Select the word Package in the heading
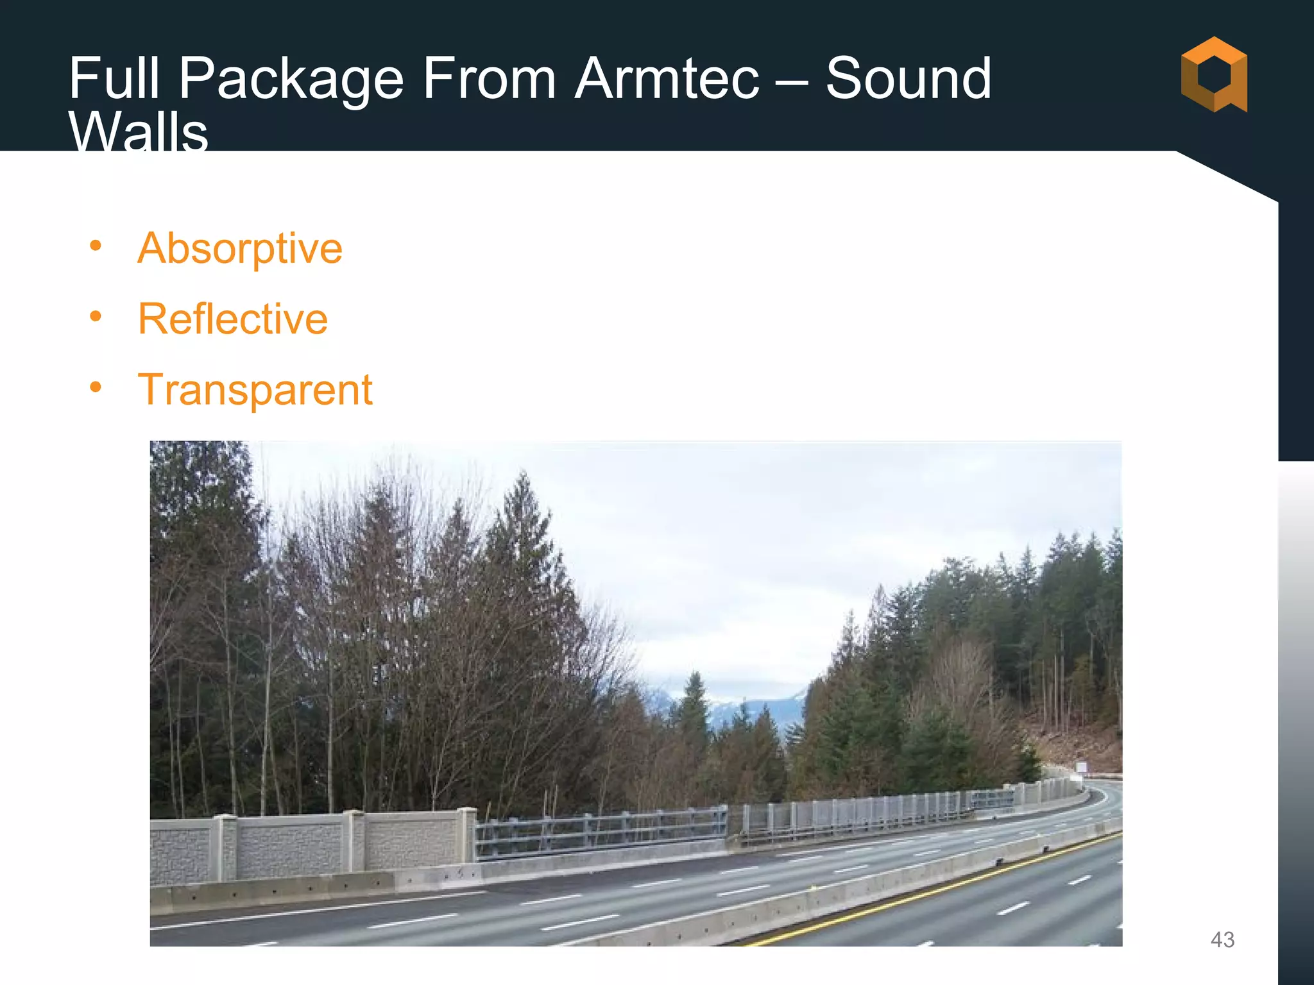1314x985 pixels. click(290, 80)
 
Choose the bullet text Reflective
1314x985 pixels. click(232, 319)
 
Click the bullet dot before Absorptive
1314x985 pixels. click(96, 246)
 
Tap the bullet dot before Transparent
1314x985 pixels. click(96, 387)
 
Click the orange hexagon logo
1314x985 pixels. click(1213, 74)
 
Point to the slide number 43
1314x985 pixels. click(1222, 939)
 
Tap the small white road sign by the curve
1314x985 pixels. click(1081, 767)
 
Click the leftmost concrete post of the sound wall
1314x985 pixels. click(225, 846)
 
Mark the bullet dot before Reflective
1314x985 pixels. click(96, 316)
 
